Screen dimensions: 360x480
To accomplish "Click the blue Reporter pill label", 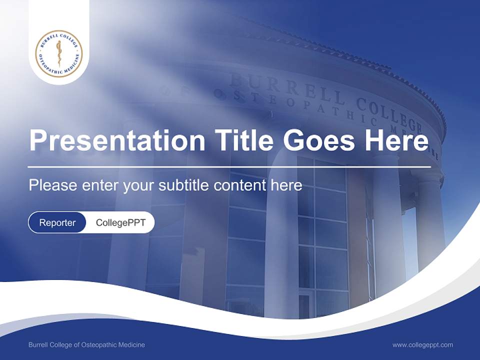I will (x=57, y=222).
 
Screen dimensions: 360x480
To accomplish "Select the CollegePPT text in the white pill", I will (x=120, y=222).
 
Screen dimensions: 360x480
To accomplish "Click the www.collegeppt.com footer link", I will (x=422, y=345).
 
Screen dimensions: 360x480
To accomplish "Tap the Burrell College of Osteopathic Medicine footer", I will (x=86, y=345).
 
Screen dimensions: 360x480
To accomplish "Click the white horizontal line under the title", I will (x=229, y=166).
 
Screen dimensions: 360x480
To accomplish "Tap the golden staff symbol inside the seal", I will (x=59, y=53).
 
